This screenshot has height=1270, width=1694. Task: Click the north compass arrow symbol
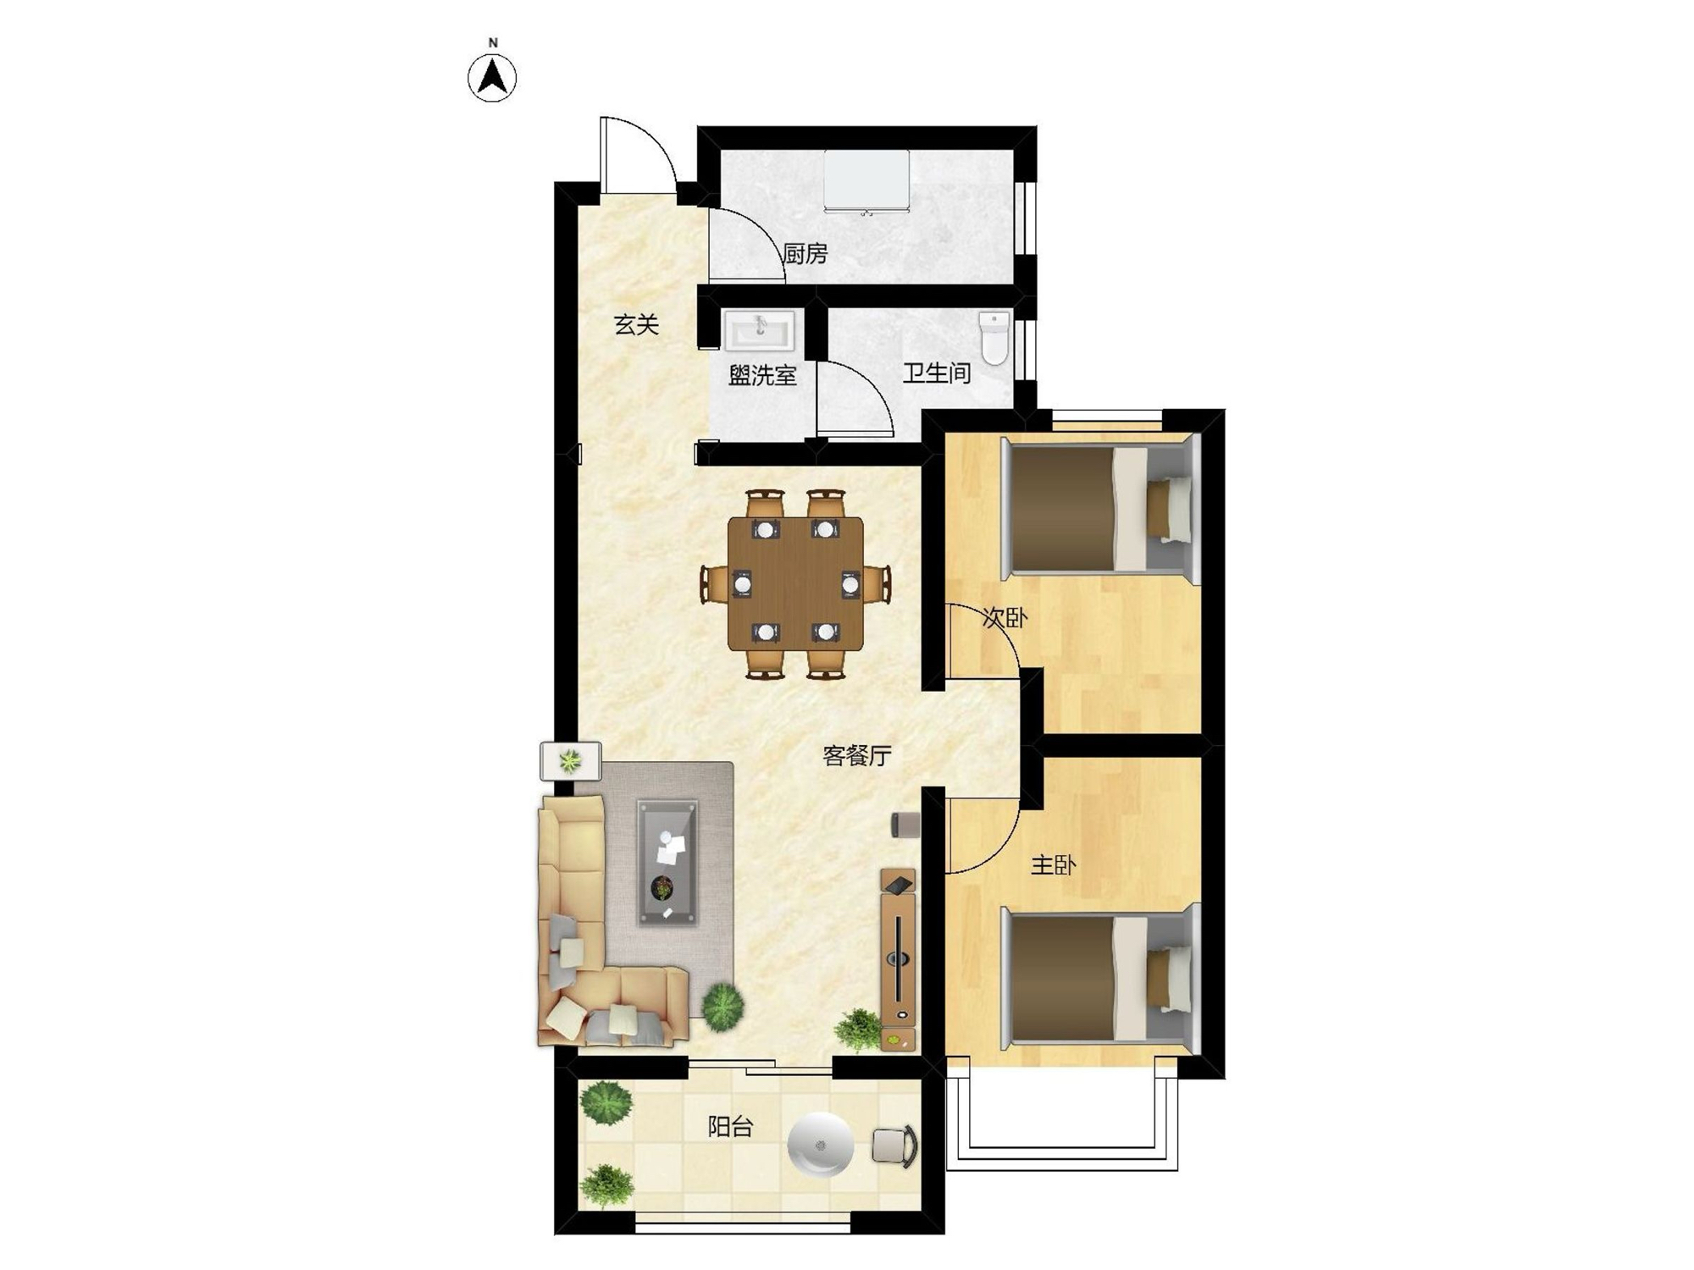[492, 78]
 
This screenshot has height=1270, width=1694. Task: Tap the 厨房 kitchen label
[805, 253]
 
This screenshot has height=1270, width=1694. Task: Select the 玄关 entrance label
[636, 324]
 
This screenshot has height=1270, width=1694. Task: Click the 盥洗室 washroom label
[762, 375]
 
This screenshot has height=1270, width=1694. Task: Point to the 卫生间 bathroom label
[936, 373]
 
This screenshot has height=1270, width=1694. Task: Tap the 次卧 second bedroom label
[1005, 618]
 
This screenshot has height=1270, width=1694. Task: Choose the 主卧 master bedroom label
[1054, 865]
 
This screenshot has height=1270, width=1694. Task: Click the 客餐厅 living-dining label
[857, 755]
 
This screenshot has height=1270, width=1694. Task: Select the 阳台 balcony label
[730, 1127]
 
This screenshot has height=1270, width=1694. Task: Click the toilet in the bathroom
[994, 338]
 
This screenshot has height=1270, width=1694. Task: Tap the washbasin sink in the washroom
[759, 330]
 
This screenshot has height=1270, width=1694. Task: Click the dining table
[795, 583]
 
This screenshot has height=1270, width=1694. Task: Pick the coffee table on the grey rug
[668, 863]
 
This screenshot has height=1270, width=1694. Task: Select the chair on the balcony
[895, 1146]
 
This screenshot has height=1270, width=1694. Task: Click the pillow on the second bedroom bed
[1170, 510]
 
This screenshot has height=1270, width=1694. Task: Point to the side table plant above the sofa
[571, 761]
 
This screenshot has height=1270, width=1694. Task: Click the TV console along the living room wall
[898, 959]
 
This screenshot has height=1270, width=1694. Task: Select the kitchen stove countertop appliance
[866, 182]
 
